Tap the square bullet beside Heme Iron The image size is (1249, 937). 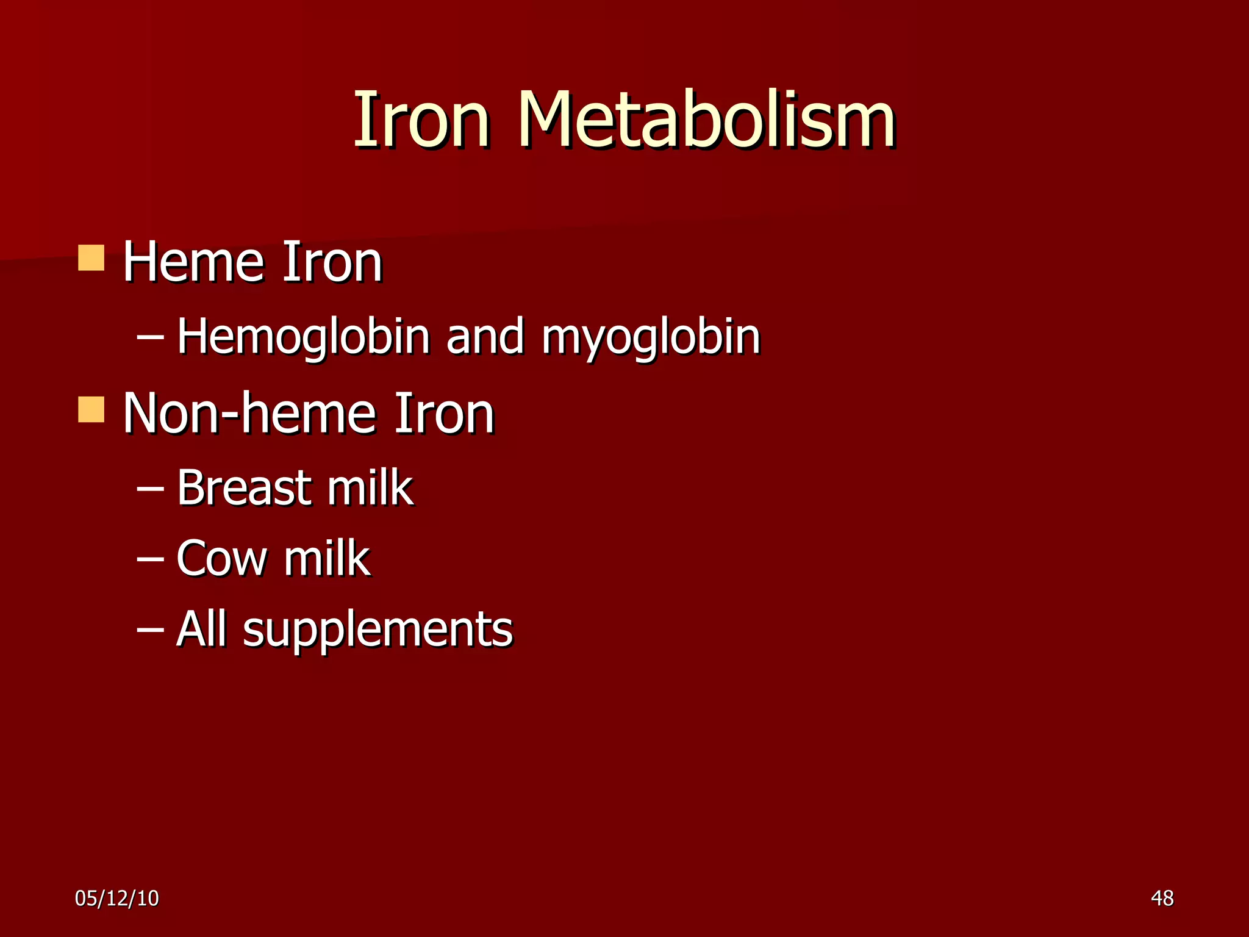(91, 258)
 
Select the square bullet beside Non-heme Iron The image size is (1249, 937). (91, 409)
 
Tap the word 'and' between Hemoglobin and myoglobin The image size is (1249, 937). (485, 337)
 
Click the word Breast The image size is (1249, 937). (243, 488)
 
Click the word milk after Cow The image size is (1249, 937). (327, 558)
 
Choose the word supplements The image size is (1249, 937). (378, 630)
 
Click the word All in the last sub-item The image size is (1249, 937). (201, 629)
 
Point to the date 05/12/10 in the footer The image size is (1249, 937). (116, 898)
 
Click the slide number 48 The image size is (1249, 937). (1162, 898)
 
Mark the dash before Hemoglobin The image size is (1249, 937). (150, 337)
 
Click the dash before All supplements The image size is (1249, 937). (150, 630)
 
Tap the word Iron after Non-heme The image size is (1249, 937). (444, 414)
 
